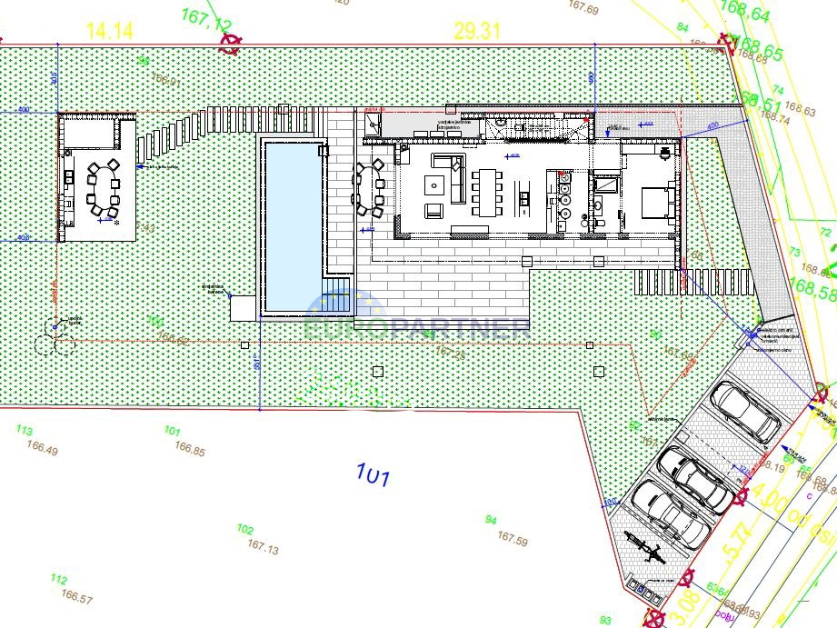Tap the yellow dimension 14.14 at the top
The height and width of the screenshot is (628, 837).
[x=110, y=30]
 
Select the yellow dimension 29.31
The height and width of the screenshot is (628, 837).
[x=477, y=30]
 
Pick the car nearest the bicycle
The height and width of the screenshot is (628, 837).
[x=671, y=513]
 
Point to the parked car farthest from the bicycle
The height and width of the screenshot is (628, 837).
[x=745, y=410]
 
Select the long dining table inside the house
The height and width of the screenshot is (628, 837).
[x=487, y=191]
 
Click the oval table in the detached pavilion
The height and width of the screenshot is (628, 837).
[x=102, y=189]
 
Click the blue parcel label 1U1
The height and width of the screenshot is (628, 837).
[x=373, y=473]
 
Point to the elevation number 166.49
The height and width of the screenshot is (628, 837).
[x=43, y=450]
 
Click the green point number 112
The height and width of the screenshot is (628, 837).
[x=59, y=580]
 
